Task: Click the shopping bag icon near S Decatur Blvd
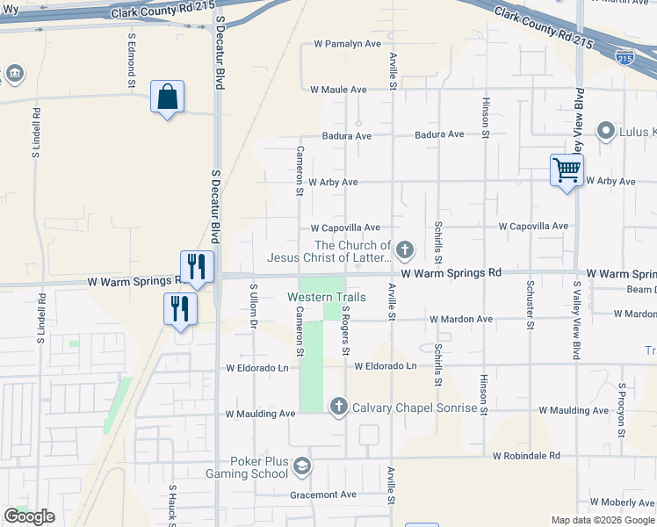pyautogui.click(x=167, y=97)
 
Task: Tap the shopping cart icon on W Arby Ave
pyautogui.click(x=567, y=170)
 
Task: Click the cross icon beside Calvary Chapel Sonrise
pyautogui.click(x=339, y=407)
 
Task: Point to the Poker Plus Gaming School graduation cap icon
pyautogui.click(x=302, y=466)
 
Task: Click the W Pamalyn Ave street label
pyautogui.click(x=348, y=44)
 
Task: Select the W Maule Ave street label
pyautogui.click(x=338, y=90)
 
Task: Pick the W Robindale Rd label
pyautogui.click(x=526, y=456)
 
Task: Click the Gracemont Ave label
pyautogui.click(x=323, y=495)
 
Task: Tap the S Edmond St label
pyautogui.click(x=132, y=61)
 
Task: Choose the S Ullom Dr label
pyautogui.click(x=253, y=307)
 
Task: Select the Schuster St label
pyautogui.click(x=531, y=305)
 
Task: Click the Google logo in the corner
pyautogui.click(x=30, y=516)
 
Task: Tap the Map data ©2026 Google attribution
pyautogui.click(x=602, y=520)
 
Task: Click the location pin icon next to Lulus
pyautogui.click(x=605, y=133)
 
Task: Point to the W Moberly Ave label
pyautogui.click(x=623, y=502)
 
